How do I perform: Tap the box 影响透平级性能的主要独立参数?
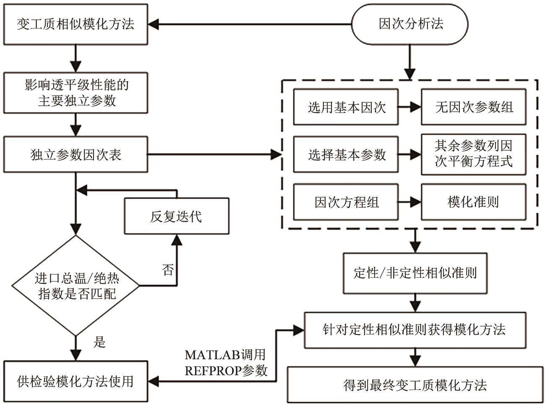click(x=76, y=93)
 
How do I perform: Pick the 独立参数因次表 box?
click(x=76, y=154)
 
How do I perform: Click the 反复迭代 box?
click(x=176, y=216)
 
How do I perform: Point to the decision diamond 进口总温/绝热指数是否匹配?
click(x=76, y=286)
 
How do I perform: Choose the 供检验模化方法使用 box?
click(x=76, y=381)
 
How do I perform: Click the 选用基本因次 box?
click(x=346, y=107)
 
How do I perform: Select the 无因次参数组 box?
click(x=473, y=107)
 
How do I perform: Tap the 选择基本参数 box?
click(x=346, y=154)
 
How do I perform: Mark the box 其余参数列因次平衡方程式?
click(x=473, y=154)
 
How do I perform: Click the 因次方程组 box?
click(x=346, y=202)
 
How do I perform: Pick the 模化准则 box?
click(x=473, y=202)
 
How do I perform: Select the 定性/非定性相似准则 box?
click(x=415, y=273)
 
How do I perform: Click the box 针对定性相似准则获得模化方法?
click(x=415, y=330)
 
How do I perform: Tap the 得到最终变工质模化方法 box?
click(x=415, y=385)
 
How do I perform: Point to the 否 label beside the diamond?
click(x=167, y=269)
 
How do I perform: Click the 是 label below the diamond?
click(x=99, y=342)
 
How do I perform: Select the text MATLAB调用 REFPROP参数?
click(x=226, y=363)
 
